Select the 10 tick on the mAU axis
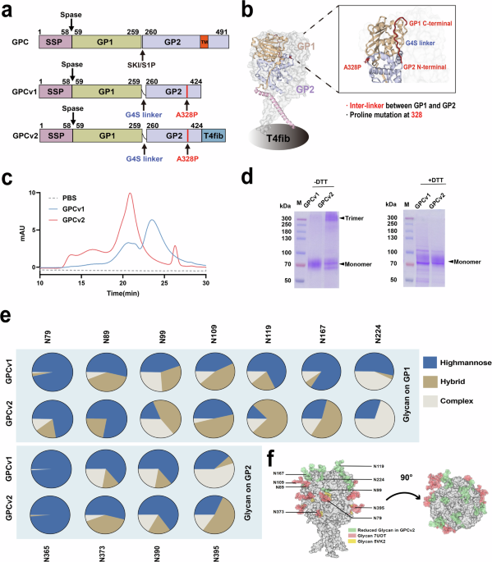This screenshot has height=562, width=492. point(32,170)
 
